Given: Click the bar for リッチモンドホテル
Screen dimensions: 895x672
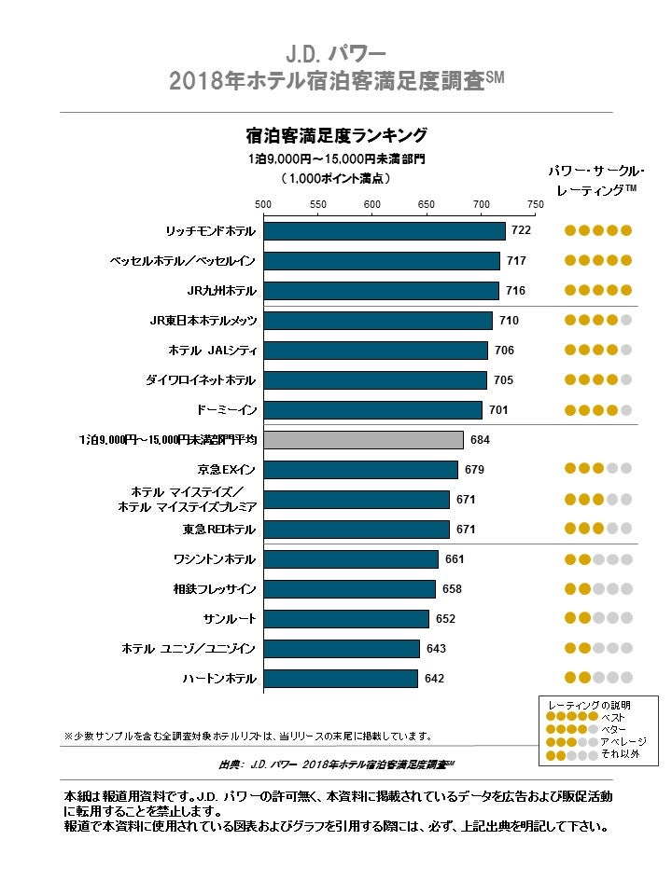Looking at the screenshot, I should click(x=384, y=231).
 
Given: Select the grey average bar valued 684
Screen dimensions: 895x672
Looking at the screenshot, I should click(x=363, y=440).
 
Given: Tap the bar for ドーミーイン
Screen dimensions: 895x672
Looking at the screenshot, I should click(x=372, y=410).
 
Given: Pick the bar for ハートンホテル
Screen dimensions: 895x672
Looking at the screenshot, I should click(x=341, y=679).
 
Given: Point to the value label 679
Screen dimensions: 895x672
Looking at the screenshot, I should click(x=474, y=470).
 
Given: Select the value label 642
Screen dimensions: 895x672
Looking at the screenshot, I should click(x=434, y=679).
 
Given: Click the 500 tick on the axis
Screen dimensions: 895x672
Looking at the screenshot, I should click(x=263, y=204).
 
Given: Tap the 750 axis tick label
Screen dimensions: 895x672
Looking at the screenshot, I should click(x=536, y=204).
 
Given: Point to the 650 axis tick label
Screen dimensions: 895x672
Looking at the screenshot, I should click(x=427, y=204).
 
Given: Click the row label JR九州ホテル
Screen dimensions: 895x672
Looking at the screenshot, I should click(x=222, y=291).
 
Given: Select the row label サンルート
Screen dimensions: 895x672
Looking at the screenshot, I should click(x=230, y=619).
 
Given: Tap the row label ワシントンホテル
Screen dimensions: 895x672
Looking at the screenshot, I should click(x=215, y=559).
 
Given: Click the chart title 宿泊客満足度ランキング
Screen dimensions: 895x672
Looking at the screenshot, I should click(x=336, y=134).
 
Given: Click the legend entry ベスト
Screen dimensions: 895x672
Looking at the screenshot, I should click(x=613, y=717).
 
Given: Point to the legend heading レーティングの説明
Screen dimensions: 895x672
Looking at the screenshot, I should click(x=591, y=705).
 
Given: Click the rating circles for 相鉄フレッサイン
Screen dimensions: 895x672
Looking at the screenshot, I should click(x=598, y=589).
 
